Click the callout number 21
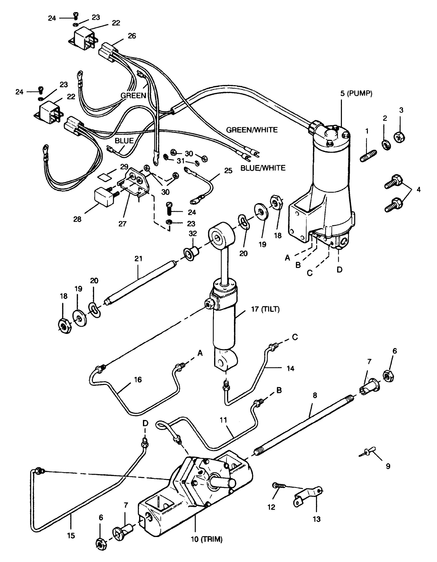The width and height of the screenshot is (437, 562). [138, 258]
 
